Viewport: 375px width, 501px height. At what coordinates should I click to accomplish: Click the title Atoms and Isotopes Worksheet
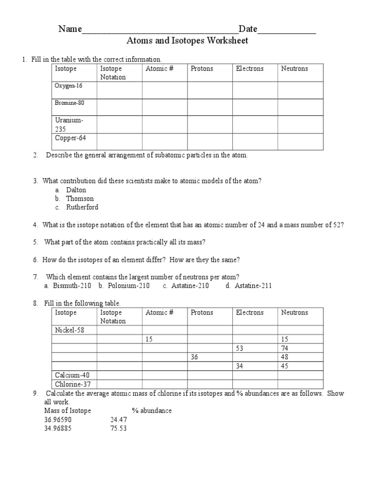pyautogui.click(x=187, y=41)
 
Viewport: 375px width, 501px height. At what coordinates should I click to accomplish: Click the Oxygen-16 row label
pyautogui.click(x=69, y=86)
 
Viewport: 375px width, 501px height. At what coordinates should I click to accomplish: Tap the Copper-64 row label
pyautogui.click(x=70, y=138)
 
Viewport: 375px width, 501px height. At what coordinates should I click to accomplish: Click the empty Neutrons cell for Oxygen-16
pyautogui.click(x=300, y=90)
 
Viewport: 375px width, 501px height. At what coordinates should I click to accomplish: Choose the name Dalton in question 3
pyautogui.click(x=76, y=190)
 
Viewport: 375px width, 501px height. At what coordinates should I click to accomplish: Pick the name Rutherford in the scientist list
pyautogui.click(x=82, y=207)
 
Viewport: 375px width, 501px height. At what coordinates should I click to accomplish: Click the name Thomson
pyautogui.click(x=80, y=199)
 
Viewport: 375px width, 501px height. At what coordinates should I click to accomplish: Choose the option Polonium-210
pyautogui.click(x=128, y=286)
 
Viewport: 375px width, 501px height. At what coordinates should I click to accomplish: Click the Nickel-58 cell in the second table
pyautogui.click(x=70, y=330)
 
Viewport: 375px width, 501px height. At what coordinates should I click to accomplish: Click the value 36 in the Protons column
pyautogui.click(x=195, y=357)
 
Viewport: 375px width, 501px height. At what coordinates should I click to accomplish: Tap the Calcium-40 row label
pyautogui.click(x=72, y=375)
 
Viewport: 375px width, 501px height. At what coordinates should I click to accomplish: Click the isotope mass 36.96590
pyautogui.click(x=58, y=419)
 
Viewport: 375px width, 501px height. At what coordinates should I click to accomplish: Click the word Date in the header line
pyautogui.click(x=248, y=29)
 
